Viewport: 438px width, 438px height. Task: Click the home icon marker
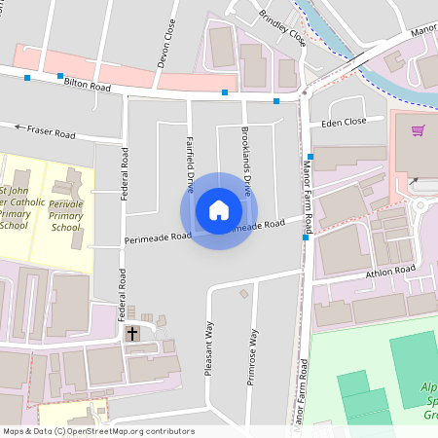[219, 210]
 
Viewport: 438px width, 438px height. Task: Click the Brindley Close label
[283, 28]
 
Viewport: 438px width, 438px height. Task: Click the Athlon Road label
[390, 270]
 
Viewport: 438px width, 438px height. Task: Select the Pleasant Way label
[208, 347]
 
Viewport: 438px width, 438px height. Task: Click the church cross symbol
[132, 334]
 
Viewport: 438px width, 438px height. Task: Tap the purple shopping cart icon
[419, 130]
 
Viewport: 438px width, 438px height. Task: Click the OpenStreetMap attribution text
[97, 430]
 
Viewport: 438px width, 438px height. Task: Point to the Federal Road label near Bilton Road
[125, 175]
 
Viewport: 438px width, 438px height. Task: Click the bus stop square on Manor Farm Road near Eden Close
[310, 157]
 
